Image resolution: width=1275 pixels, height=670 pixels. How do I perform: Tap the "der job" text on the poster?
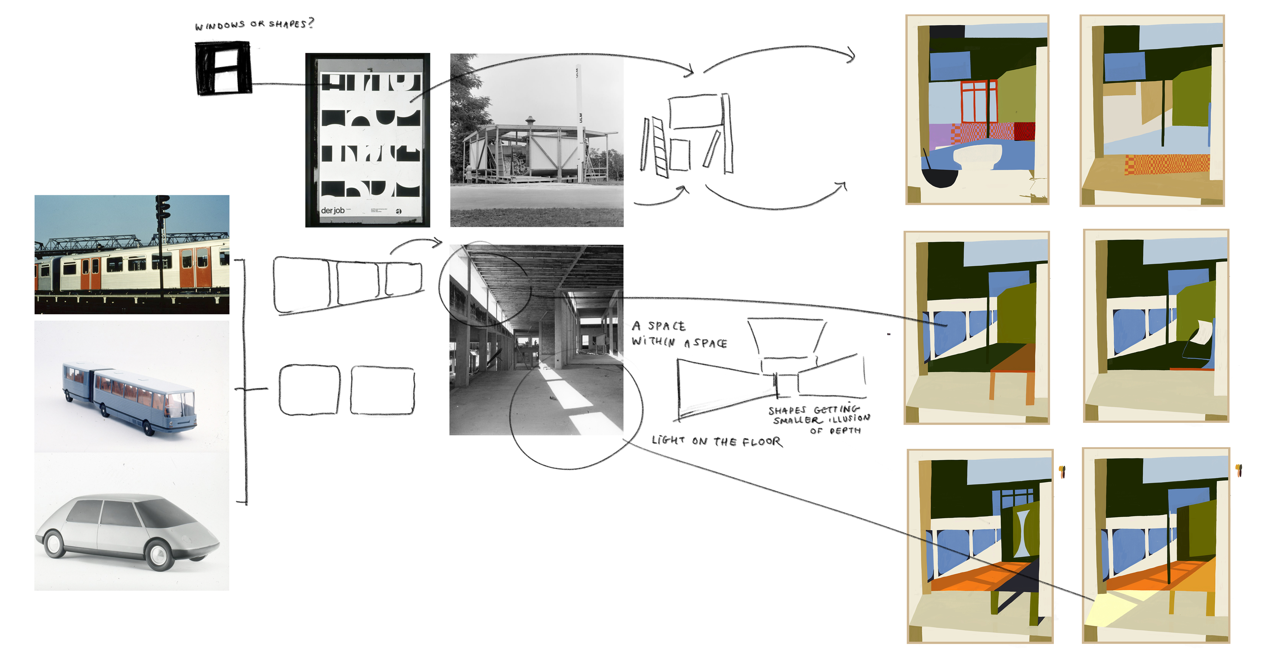click(333, 210)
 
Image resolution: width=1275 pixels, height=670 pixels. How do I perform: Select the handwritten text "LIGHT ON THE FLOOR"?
click(717, 440)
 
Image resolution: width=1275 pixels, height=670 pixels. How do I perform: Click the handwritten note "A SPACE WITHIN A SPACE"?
click(678, 334)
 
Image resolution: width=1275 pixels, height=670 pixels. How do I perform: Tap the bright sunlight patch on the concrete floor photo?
click(564, 391)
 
